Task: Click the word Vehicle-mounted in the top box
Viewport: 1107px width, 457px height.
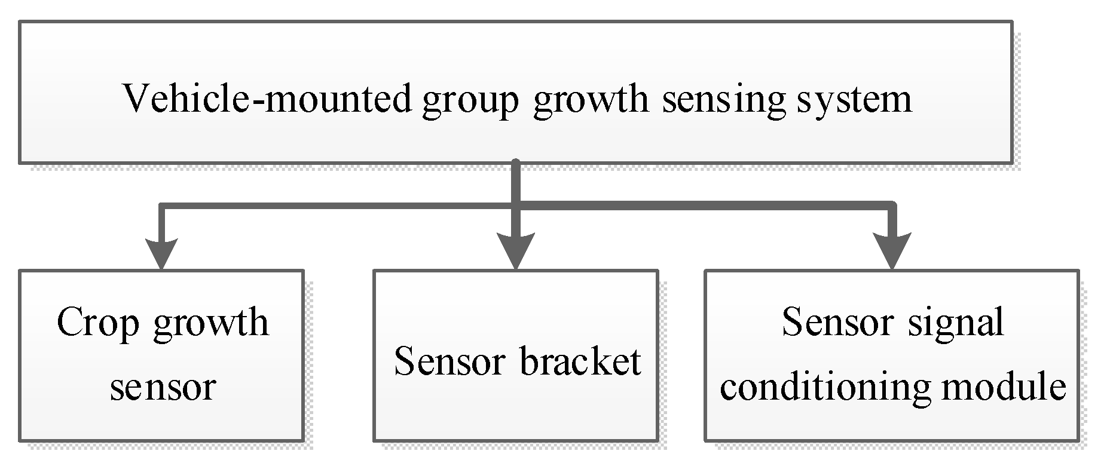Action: pyautogui.click(x=267, y=99)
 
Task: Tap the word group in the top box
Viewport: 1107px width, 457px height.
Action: pyautogui.click(x=470, y=100)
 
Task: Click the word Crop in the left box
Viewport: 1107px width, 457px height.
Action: pyautogui.click(x=98, y=324)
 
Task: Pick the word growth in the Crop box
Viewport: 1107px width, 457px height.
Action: pyautogui.click(x=211, y=324)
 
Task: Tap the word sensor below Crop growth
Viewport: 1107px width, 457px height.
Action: pyautogui.click(x=162, y=387)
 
